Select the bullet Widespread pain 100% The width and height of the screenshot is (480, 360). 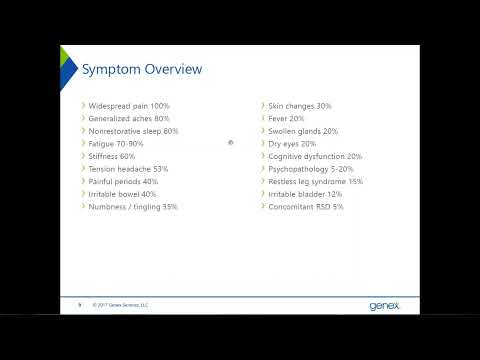click(129, 106)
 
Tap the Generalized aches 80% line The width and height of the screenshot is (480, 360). click(129, 118)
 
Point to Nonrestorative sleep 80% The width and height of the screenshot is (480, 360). click(133, 131)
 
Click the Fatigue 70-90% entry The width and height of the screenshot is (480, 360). click(116, 144)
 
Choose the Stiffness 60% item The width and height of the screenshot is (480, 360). click(112, 157)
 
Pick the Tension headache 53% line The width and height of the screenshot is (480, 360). click(128, 169)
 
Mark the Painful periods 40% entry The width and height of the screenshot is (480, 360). click(123, 182)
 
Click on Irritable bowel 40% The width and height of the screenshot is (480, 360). click(123, 194)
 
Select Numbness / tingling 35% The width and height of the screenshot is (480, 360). click(133, 207)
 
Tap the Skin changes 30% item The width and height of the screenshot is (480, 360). click(299, 106)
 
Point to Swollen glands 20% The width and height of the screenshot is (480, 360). click(303, 131)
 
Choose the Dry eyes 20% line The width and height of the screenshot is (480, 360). click(292, 144)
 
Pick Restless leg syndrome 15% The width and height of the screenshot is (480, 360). click(315, 182)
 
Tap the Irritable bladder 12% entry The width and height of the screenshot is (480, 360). click(307, 194)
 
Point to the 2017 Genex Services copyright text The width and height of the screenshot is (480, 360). click(120, 303)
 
